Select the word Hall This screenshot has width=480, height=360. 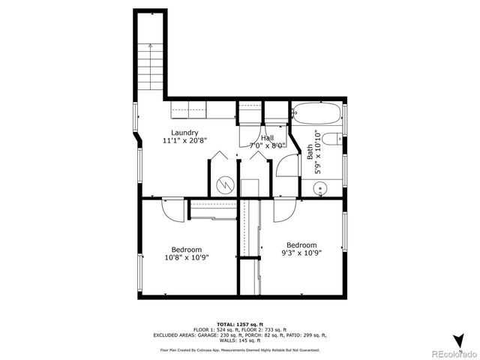[x=268, y=138]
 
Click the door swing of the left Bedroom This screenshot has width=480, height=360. [x=170, y=208]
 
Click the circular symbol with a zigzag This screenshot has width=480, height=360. [x=223, y=184]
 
